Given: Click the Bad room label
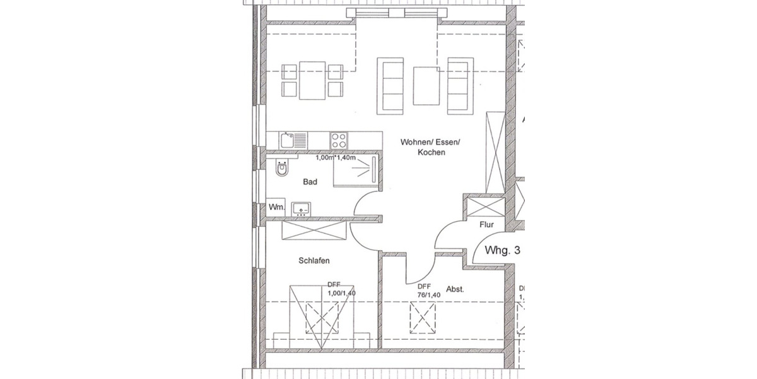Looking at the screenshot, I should click(310, 182).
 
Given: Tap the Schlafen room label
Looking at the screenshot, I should click(314, 260).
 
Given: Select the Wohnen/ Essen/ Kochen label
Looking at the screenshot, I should click(430, 148).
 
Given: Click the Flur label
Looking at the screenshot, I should click(486, 224).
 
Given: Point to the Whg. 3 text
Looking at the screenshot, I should click(502, 250).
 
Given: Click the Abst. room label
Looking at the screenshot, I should click(455, 289).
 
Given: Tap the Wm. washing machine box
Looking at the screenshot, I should click(276, 207).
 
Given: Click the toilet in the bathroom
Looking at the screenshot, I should click(281, 169).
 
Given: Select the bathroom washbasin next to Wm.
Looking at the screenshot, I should click(301, 208).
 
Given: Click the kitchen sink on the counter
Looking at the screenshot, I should click(293, 139).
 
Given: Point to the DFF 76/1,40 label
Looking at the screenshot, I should click(428, 290).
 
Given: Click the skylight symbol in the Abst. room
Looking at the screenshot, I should click(422, 318).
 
